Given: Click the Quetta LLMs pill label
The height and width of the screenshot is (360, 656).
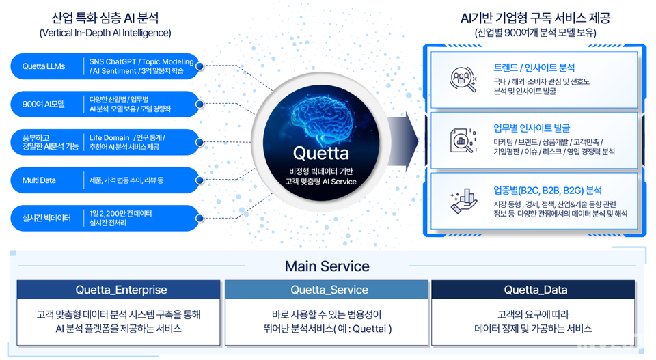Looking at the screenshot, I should click(x=44, y=66).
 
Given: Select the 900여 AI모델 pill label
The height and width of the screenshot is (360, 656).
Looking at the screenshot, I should click(x=42, y=105).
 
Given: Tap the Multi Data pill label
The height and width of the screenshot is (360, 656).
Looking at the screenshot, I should click(x=39, y=180).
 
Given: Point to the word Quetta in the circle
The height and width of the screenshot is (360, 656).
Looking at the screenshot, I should click(x=320, y=153).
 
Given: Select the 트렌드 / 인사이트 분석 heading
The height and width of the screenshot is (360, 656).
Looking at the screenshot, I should click(x=534, y=68).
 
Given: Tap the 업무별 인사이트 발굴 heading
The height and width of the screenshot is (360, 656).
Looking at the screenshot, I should click(x=532, y=128).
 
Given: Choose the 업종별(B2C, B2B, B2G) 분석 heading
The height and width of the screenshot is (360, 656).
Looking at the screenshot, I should click(x=547, y=190).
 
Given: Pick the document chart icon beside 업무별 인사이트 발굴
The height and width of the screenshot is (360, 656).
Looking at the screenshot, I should click(x=463, y=140).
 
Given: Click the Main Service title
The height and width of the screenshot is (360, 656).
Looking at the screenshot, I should click(x=327, y=266).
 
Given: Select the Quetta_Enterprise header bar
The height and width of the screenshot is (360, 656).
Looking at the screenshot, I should click(x=119, y=290).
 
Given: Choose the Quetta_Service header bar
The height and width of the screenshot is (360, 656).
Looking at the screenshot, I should click(x=327, y=290).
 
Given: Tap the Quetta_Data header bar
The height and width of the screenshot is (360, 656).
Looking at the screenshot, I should click(x=535, y=290).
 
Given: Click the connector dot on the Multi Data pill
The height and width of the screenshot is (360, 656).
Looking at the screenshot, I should click(x=200, y=181).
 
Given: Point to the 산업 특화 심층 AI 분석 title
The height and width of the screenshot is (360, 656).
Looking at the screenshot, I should click(x=105, y=18).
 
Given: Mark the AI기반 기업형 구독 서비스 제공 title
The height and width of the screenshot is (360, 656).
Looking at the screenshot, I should click(x=535, y=18).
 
